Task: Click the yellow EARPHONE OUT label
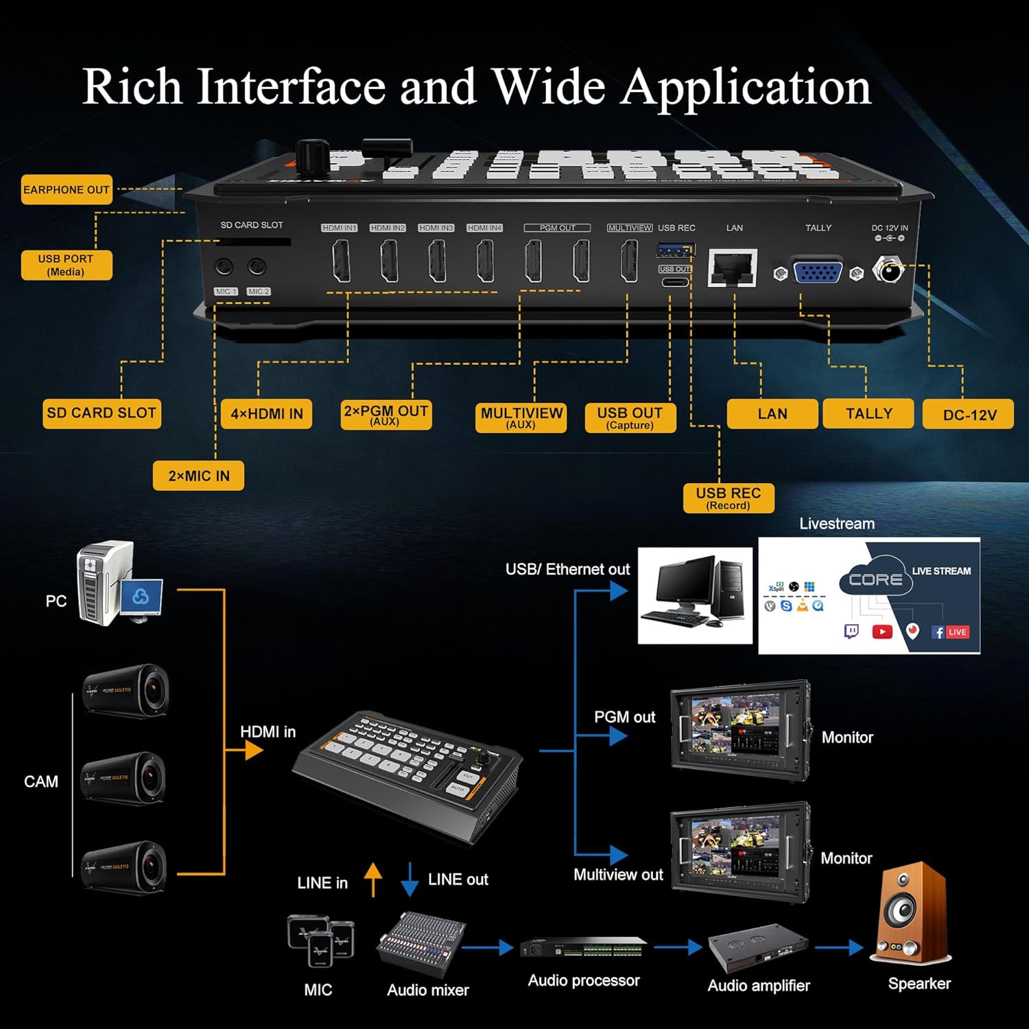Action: coord(67,190)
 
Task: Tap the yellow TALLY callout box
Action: coord(868,414)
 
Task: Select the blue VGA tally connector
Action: coord(818,272)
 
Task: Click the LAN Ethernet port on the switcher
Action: coord(732,268)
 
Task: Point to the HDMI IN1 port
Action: coord(341,261)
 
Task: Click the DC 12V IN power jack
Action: coord(889,270)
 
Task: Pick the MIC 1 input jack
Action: coord(224,267)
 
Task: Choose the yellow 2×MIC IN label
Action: coord(198,475)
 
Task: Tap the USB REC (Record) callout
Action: coord(729,498)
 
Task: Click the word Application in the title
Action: coord(746,87)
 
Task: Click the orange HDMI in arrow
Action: coord(252,750)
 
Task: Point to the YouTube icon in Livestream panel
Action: coord(882,632)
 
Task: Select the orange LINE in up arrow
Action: coord(372,879)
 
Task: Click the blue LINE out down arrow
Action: coord(410,879)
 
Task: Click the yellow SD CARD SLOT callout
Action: coord(102,414)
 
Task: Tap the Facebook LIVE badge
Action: coord(950,632)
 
